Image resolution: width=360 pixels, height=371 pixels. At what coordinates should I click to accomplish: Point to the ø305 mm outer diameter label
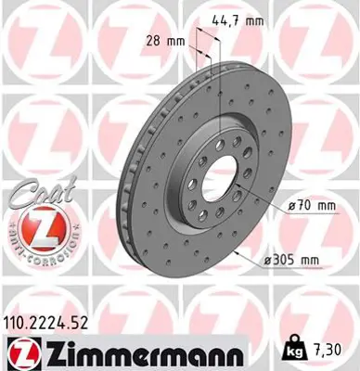(309, 261)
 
